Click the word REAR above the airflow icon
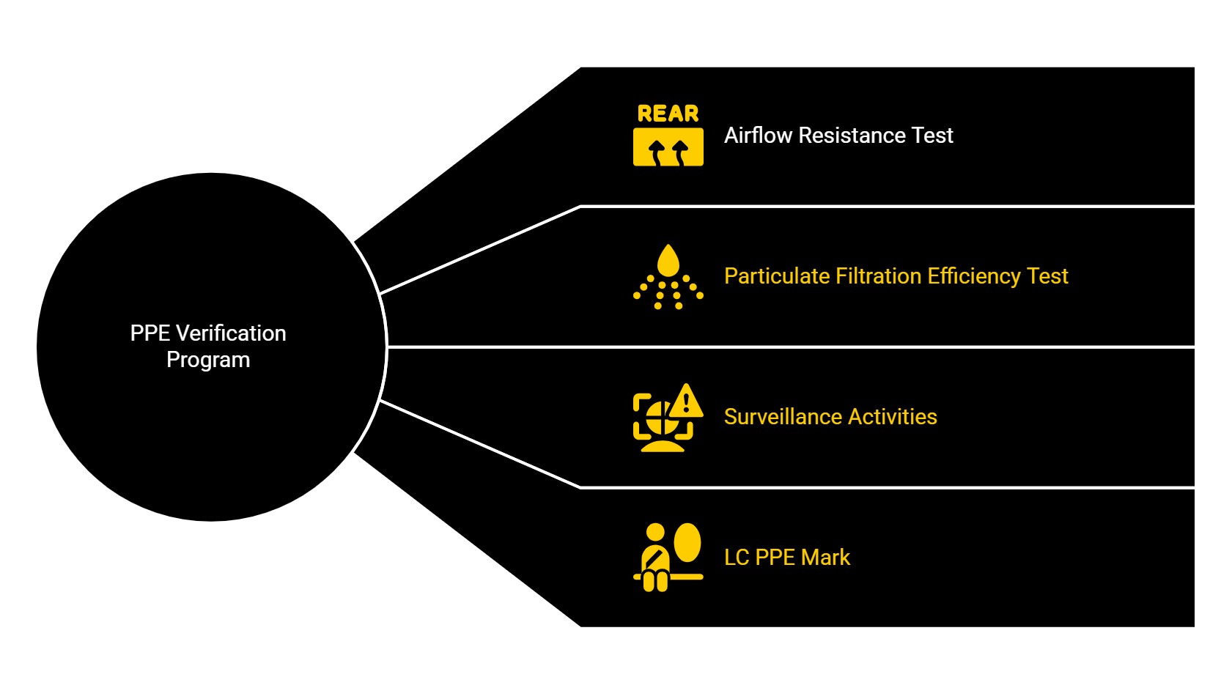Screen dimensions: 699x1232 [x=668, y=114]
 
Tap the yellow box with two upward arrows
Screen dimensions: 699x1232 [x=668, y=147]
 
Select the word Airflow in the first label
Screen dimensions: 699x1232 [x=758, y=136]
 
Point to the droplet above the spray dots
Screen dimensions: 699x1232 [x=668, y=261]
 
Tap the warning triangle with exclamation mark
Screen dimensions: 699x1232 [x=686, y=402]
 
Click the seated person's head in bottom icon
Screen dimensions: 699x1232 [x=655, y=533]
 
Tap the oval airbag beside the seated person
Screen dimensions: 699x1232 [x=687, y=542]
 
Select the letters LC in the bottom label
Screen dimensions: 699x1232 [x=736, y=558]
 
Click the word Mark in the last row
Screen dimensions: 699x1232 [x=825, y=558]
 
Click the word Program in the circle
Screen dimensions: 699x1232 [x=208, y=360]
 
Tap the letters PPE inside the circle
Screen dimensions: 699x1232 [x=150, y=333]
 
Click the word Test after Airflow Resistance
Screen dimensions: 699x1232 [x=932, y=136]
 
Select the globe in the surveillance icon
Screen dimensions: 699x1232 [x=659, y=420]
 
